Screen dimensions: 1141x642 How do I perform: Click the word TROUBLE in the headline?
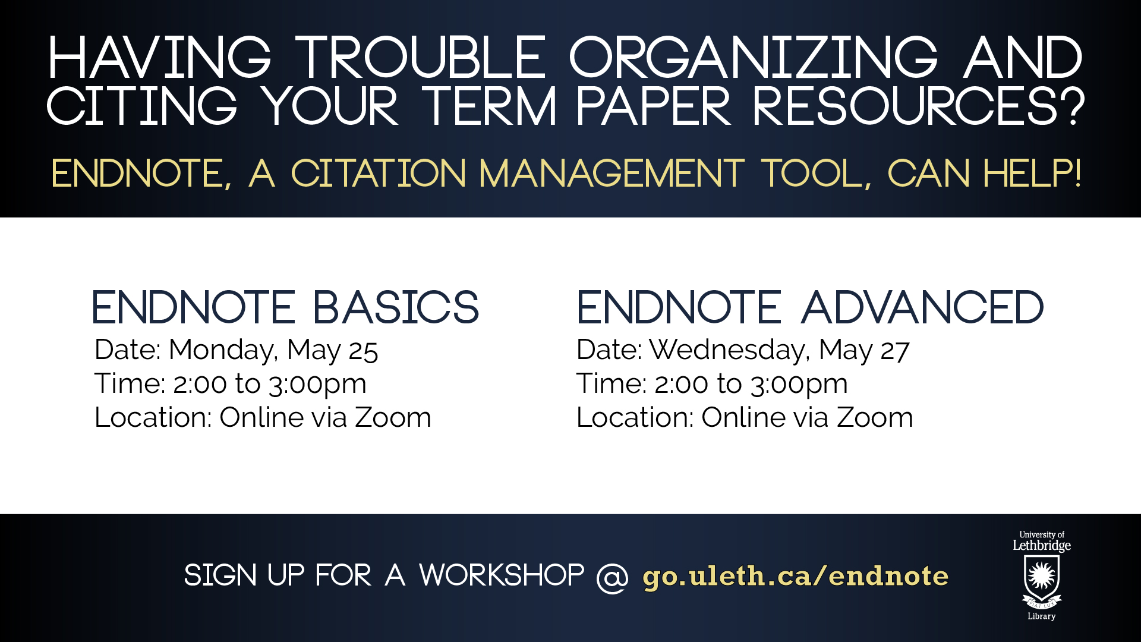point(421,58)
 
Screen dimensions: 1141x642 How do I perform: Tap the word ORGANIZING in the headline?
point(754,58)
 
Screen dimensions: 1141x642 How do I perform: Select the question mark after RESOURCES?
point(1073,106)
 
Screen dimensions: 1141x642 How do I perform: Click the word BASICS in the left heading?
point(396,307)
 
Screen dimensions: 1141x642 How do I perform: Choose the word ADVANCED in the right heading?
point(922,307)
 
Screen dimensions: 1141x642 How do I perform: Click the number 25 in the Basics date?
point(363,351)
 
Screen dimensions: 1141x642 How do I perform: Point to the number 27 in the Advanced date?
point(895,351)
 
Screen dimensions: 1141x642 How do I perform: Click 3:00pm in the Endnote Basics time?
point(317,385)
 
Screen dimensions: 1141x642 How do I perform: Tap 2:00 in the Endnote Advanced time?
point(681,384)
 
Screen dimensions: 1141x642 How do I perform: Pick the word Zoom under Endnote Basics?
point(393,417)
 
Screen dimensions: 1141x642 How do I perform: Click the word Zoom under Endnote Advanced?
point(875,417)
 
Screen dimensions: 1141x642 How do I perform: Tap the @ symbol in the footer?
point(612,577)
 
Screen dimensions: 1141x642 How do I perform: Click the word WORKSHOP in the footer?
point(502,575)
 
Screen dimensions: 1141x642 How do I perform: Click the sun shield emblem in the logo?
point(1042,580)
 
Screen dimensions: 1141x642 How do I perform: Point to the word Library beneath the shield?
point(1042,616)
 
